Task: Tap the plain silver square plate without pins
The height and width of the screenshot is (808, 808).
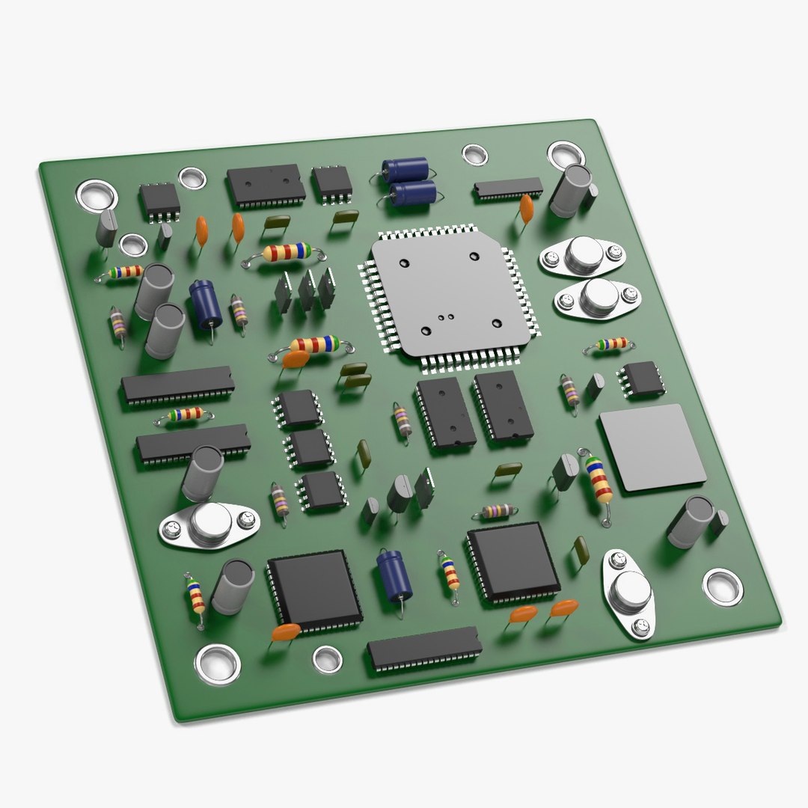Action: click(652, 447)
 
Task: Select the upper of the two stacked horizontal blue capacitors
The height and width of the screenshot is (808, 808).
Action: click(405, 169)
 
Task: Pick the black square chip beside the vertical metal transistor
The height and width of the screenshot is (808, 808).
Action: click(513, 562)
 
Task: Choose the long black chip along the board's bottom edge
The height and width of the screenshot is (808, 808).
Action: click(424, 648)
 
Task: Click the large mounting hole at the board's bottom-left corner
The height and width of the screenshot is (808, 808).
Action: click(218, 663)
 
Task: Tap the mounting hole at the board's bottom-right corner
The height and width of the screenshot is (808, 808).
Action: click(723, 586)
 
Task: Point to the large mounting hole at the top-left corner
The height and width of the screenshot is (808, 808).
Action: click(97, 196)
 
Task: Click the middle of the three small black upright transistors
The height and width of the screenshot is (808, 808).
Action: click(307, 290)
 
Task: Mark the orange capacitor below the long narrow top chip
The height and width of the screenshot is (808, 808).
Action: click(527, 208)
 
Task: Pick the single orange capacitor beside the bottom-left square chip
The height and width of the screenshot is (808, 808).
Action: click(286, 632)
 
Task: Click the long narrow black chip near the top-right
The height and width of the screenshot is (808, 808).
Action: click(508, 189)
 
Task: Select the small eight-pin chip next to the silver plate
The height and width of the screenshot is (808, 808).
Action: click(640, 379)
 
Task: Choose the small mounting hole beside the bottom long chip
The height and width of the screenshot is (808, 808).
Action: click(327, 658)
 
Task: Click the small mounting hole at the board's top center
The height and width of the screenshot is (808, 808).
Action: click(474, 155)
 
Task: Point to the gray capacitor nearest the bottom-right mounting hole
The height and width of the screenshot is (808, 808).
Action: click(691, 521)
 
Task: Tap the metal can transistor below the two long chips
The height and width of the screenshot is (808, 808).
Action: click(209, 524)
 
